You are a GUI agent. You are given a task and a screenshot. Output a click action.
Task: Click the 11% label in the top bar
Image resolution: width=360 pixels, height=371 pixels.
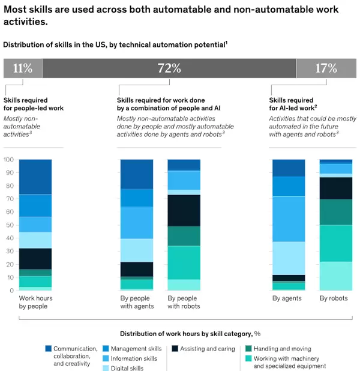click(23, 68)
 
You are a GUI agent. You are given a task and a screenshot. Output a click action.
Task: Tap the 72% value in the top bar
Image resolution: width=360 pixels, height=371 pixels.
click(169, 68)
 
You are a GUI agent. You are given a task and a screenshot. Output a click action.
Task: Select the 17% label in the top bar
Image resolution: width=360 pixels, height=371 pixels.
click(326, 68)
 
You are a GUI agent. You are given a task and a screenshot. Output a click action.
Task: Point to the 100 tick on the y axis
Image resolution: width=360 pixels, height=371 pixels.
click(8, 160)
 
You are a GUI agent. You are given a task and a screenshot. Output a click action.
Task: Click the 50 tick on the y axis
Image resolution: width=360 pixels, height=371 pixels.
click(8, 225)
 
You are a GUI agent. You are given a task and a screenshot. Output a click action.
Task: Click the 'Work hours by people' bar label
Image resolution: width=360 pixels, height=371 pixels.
click(35, 302)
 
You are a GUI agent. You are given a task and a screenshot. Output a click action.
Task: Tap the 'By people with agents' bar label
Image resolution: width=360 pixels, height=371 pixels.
click(137, 302)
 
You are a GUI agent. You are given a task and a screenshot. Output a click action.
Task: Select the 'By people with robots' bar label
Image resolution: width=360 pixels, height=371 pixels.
click(184, 302)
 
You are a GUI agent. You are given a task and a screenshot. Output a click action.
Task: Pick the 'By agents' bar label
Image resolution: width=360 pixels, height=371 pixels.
click(286, 298)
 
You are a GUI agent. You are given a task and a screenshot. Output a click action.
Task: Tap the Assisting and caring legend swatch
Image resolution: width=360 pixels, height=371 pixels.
click(175, 349)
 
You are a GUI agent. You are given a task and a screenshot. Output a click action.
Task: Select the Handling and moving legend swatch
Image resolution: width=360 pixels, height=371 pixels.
click(248, 349)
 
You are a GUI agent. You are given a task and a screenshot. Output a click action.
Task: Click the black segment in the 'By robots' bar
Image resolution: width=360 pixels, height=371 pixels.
click(335, 188)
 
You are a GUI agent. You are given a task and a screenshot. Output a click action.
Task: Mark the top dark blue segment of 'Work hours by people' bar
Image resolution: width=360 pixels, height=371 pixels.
click(35, 176)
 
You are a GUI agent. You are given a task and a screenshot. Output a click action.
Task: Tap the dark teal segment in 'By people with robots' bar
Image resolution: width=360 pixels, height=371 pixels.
click(184, 236)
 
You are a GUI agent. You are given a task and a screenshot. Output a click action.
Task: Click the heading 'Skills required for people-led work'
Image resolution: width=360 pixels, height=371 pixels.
click(34, 104)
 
